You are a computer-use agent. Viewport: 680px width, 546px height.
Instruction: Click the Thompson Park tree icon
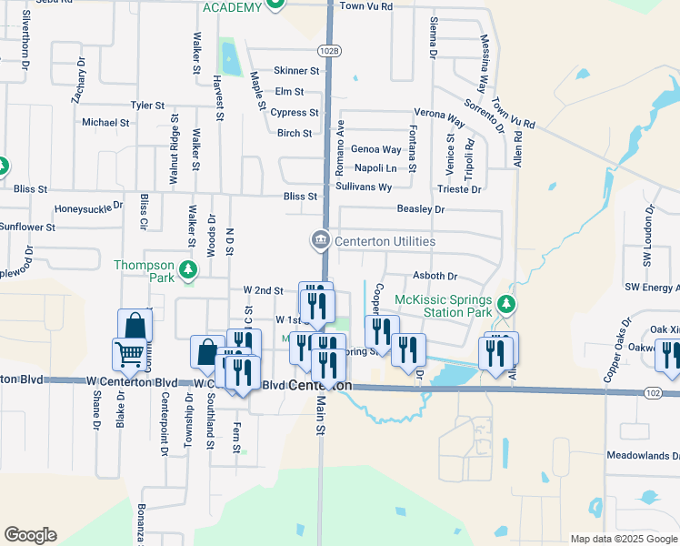pyautogui.click(x=188, y=268)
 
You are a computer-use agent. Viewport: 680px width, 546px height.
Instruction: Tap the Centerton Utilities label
pyautogui.click(x=385, y=241)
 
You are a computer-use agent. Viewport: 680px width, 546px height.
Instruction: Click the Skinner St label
pyautogui.click(x=297, y=70)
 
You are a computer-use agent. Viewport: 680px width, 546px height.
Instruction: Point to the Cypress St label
pyautogui.click(x=295, y=113)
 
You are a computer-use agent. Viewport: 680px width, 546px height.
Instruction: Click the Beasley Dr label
pyautogui.click(x=420, y=209)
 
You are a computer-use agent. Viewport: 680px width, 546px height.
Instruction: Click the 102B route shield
pyautogui.click(x=329, y=51)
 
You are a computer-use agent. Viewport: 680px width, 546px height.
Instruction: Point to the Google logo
pyautogui.click(x=30, y=535)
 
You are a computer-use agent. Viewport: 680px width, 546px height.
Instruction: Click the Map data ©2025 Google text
pyautogui.click(x=625, y=539)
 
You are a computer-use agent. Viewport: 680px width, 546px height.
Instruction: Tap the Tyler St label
pyautogui.click(x=147, y=106)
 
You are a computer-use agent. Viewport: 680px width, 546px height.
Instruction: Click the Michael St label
pyautogui.click(x=105, y=122)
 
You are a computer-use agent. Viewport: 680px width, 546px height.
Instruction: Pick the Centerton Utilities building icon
pyautogui.click(x=320, y=240)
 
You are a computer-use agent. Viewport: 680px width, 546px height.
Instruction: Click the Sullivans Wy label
pyautogui.click(x=364, y=187)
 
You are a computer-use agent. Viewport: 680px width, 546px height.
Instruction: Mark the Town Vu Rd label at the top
pyautogui.click(x=365, y=6)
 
